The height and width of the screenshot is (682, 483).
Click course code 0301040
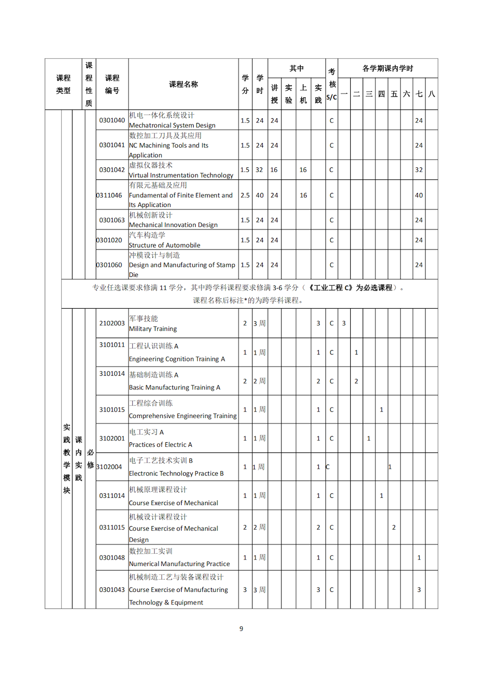click(x=112, y=121)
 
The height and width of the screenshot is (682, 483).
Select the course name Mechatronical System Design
click(x=172, y=125)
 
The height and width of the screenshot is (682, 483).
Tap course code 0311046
click(x=109, y=195)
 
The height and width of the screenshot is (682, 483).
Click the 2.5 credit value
click(x=245, y=195)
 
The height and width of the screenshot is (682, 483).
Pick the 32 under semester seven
click(x=419, y=170)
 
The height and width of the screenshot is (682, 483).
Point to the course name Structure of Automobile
click(x=164, y=245)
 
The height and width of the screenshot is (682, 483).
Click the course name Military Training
click(x=153, y=329)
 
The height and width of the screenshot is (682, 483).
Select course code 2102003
click(x=112, y=323)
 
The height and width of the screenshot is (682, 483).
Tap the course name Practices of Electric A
click(x=160, y=445)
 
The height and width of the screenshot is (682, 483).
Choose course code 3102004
click(x=109, y=467)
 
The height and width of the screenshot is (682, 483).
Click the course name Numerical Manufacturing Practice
click(x=179, y=564)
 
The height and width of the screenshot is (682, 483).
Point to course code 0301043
click(x=112, y=590)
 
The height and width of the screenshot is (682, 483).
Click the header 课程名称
click(x=184, y=84)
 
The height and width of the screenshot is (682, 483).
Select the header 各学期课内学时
click(x=388, y=68)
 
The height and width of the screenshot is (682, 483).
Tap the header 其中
click(x=297, y=68)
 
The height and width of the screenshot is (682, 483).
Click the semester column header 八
click(x=432, y=94)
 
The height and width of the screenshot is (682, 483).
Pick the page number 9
click(x=241, y=629)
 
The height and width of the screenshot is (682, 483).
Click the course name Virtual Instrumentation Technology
click(x=181, y=176)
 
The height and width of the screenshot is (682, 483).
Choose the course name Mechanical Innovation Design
click(x=173, y=225)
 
